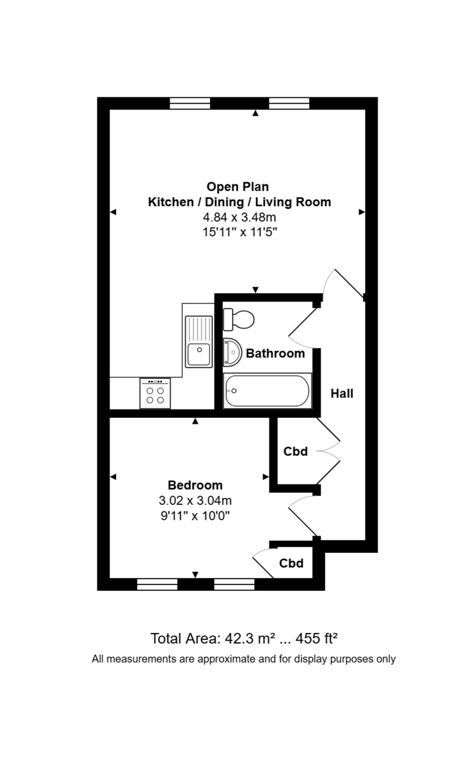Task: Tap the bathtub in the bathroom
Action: [267, 391]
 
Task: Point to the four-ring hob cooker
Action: [155, 393]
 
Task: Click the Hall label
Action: [342, 394]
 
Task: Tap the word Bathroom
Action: [275, 353]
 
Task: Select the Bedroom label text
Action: [195, 485]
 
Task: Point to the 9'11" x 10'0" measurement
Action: [195, 515]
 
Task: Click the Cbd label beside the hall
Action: [296, 452]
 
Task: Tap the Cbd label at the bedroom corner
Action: [291, 564]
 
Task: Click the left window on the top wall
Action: [190, 103]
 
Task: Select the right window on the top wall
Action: [289, 103]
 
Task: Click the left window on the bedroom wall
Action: [157, 584]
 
